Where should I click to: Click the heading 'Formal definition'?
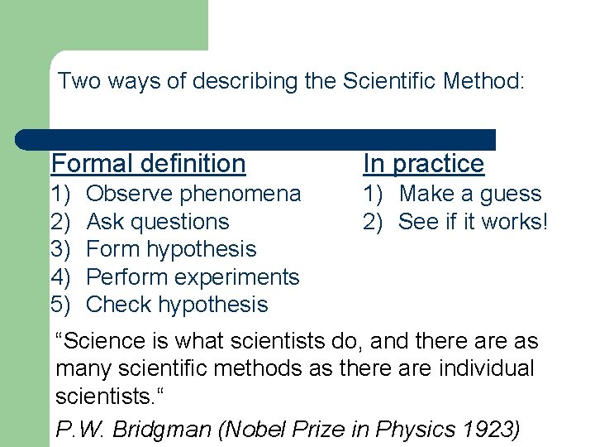coord(148,164)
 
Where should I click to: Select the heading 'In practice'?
coord(423,164)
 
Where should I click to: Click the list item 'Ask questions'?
coord(157,222)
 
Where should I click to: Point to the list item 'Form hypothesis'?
coord(171,249)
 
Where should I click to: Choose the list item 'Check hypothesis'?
coord(177,305)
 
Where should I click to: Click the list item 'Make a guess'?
coord(469,195)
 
